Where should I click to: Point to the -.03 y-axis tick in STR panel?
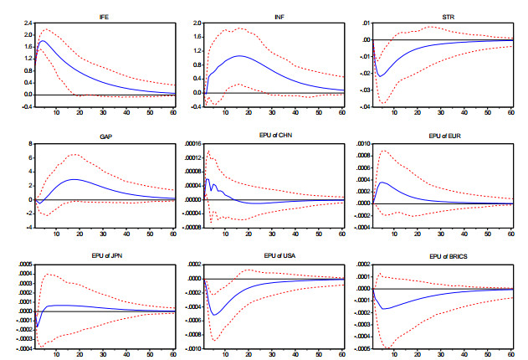click(362, 107)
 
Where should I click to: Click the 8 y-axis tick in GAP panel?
click(29, 144)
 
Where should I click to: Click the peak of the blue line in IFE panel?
click(42, 40)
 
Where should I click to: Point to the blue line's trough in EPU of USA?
click(214, 315)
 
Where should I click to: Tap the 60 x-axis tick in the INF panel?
click(341, 111)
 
